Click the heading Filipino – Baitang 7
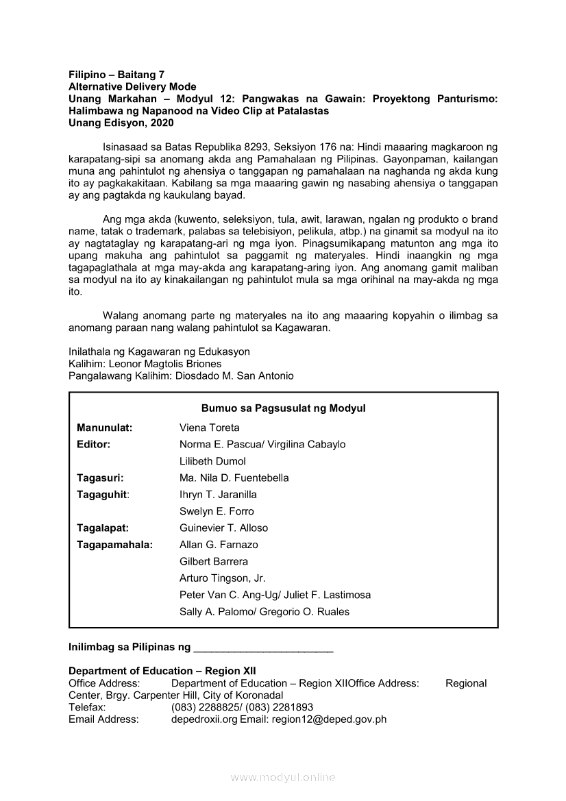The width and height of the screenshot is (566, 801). [x=116, y=75]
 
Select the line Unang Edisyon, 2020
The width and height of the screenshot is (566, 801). [x=121, y=123]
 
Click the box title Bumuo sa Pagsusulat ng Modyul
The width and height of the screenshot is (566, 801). [x=283, y=408]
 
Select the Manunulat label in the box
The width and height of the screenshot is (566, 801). [x=105, y=428]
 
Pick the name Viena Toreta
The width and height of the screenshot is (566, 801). [x=210, y=428]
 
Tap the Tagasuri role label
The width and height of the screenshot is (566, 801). [x=100, y=478]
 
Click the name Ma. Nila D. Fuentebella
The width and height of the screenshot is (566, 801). [x=234, y=478]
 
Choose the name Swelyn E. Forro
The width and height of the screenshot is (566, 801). [x=217, y=511]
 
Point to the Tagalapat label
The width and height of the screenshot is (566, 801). [x=103, y=528]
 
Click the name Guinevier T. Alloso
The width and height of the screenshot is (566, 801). [x=224, y=528]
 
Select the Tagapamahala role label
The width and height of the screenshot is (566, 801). [x=115, y=545]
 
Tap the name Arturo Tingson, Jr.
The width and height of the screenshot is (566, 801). [x=223, y=578]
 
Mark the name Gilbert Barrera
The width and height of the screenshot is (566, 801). [x=214, y=561]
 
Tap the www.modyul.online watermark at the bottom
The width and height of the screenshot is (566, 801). [x=283, y=778]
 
